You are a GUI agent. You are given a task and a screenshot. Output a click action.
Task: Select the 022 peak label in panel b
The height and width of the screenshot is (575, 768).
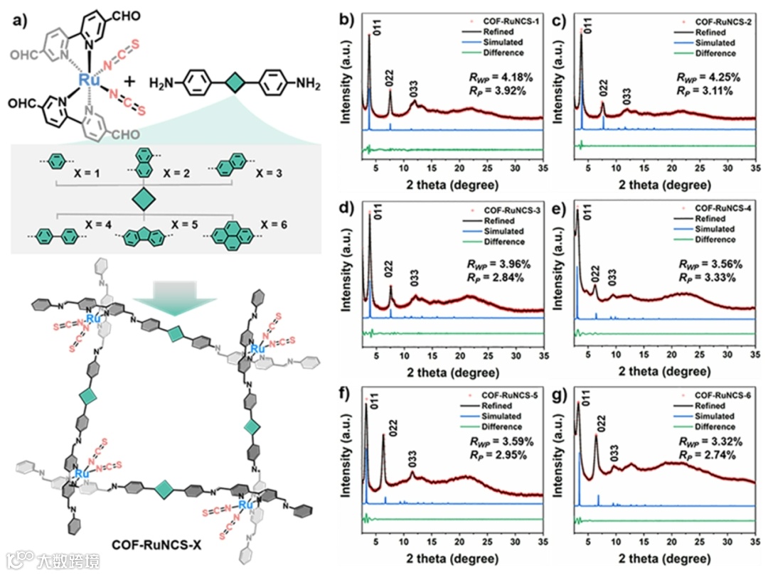pyautogui.click(x=390, y=79)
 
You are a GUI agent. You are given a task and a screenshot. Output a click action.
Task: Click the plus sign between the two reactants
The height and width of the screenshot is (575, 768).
pyautogui.click(x=130, y=82)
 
